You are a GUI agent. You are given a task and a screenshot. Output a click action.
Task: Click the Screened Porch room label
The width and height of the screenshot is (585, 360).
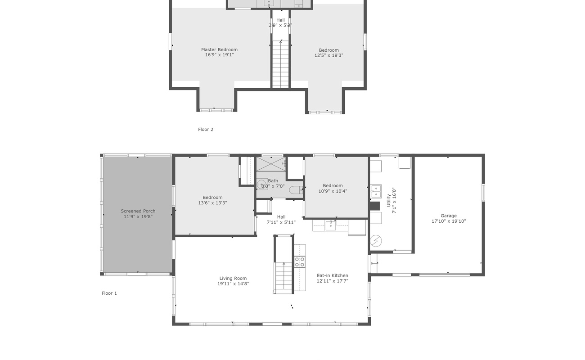pos(138,211)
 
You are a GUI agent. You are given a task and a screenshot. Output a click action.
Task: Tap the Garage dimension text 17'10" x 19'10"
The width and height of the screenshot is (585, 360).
pos(449,221)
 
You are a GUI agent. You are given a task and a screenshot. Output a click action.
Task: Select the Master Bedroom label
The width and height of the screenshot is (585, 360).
pos(219,49)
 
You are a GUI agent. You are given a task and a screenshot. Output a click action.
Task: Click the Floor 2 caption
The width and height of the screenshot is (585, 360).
pos(206,130)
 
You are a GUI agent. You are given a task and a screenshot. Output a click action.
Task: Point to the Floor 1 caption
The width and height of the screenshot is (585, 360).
pos(109,293)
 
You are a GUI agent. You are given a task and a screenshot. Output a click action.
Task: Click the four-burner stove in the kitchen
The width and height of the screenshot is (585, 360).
pos(299,261)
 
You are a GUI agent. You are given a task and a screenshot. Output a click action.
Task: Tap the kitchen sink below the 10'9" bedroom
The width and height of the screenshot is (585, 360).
pos(331,225)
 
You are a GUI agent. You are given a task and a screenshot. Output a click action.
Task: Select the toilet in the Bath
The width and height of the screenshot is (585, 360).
pos(296,190)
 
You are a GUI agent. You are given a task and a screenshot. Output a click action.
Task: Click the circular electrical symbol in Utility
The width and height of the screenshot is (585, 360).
pos(376,241)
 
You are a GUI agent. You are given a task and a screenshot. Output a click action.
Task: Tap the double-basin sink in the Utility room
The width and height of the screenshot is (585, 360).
pos(376,191)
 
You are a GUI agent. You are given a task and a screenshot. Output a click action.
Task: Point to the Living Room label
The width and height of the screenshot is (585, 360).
pos(233,278)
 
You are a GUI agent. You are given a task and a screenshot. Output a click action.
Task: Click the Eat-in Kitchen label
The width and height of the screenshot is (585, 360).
pos(332,275)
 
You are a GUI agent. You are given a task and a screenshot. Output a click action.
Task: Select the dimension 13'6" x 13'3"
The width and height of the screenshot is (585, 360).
pos(212,203)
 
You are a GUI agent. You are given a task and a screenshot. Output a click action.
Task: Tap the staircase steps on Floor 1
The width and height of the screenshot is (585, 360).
pos(283,277)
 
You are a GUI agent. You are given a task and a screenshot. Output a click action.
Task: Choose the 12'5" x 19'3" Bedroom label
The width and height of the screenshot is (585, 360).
pos(328,50)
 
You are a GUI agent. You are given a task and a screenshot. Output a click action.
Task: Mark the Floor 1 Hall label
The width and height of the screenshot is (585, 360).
pos(281,217)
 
